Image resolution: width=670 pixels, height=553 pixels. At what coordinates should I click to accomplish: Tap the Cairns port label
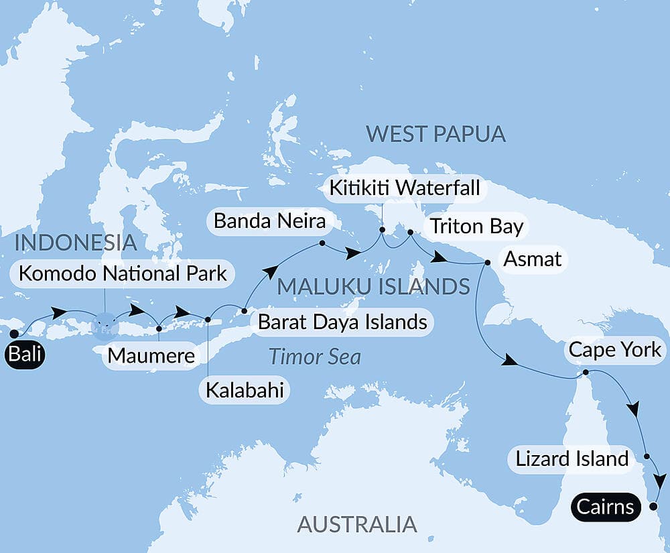click(x=604, y=506)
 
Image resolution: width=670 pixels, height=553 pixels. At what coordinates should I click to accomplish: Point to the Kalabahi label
click(x=244, y=390)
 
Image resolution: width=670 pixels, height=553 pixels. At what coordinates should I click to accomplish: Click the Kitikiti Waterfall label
click(x=404, y=188)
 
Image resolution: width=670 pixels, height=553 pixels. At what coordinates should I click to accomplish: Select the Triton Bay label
click(x=476, y=226)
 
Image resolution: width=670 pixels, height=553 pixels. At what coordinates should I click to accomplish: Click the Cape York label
click(x=614, y=349)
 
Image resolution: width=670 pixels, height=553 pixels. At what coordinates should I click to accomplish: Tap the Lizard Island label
click(x=572, y=459)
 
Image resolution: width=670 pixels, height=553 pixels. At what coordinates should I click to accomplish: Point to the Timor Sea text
click(x=314, y=357)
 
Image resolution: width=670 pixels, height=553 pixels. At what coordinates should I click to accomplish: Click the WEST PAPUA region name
click(x=435, y=134)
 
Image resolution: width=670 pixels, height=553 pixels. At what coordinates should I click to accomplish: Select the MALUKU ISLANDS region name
click(x=373, y=287)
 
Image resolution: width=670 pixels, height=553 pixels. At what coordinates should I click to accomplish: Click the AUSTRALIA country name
click(x=356, y=523)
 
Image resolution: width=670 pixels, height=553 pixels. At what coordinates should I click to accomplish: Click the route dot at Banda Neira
click(x=322, y=243)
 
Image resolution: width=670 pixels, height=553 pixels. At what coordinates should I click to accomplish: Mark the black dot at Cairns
click(x=653, y=507)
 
